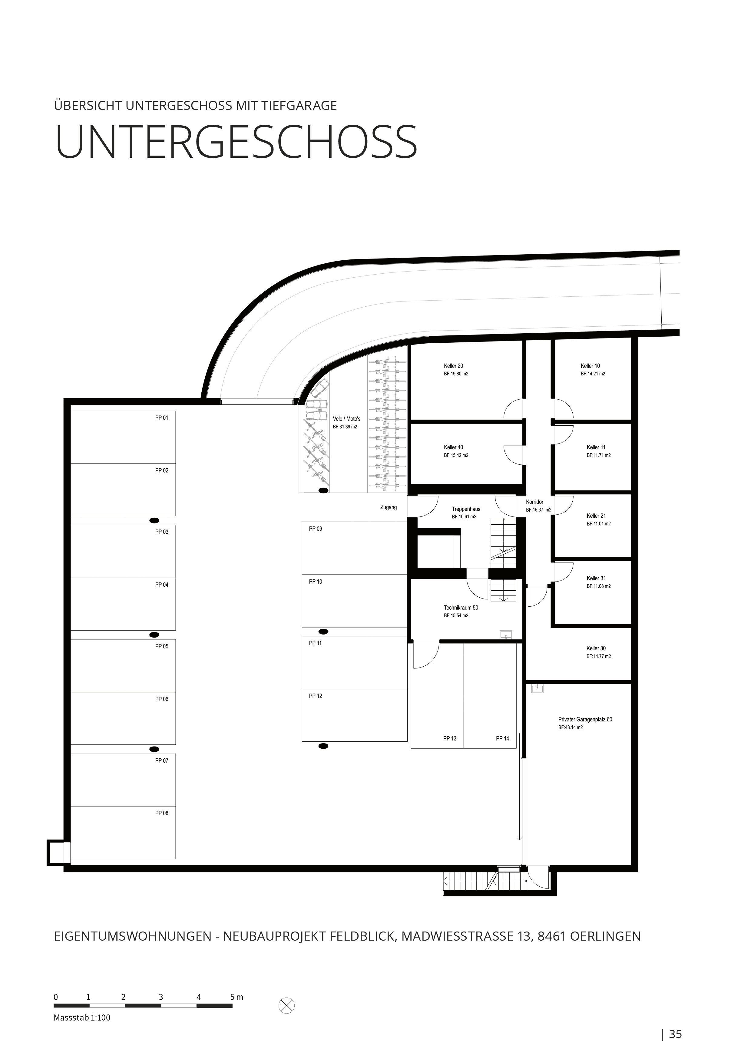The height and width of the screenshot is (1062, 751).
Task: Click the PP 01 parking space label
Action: pos(161,418)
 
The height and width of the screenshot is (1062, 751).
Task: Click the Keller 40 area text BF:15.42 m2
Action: pos(456,455)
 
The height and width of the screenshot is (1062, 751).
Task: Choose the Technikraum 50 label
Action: pos(461,607)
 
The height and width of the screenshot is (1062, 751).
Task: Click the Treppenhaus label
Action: pos(466,509)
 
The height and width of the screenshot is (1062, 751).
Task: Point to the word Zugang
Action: pos(389,507)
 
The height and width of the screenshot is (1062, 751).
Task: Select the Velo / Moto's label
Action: pos(346,419)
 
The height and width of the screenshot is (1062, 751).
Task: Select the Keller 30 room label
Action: pos(596,648)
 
